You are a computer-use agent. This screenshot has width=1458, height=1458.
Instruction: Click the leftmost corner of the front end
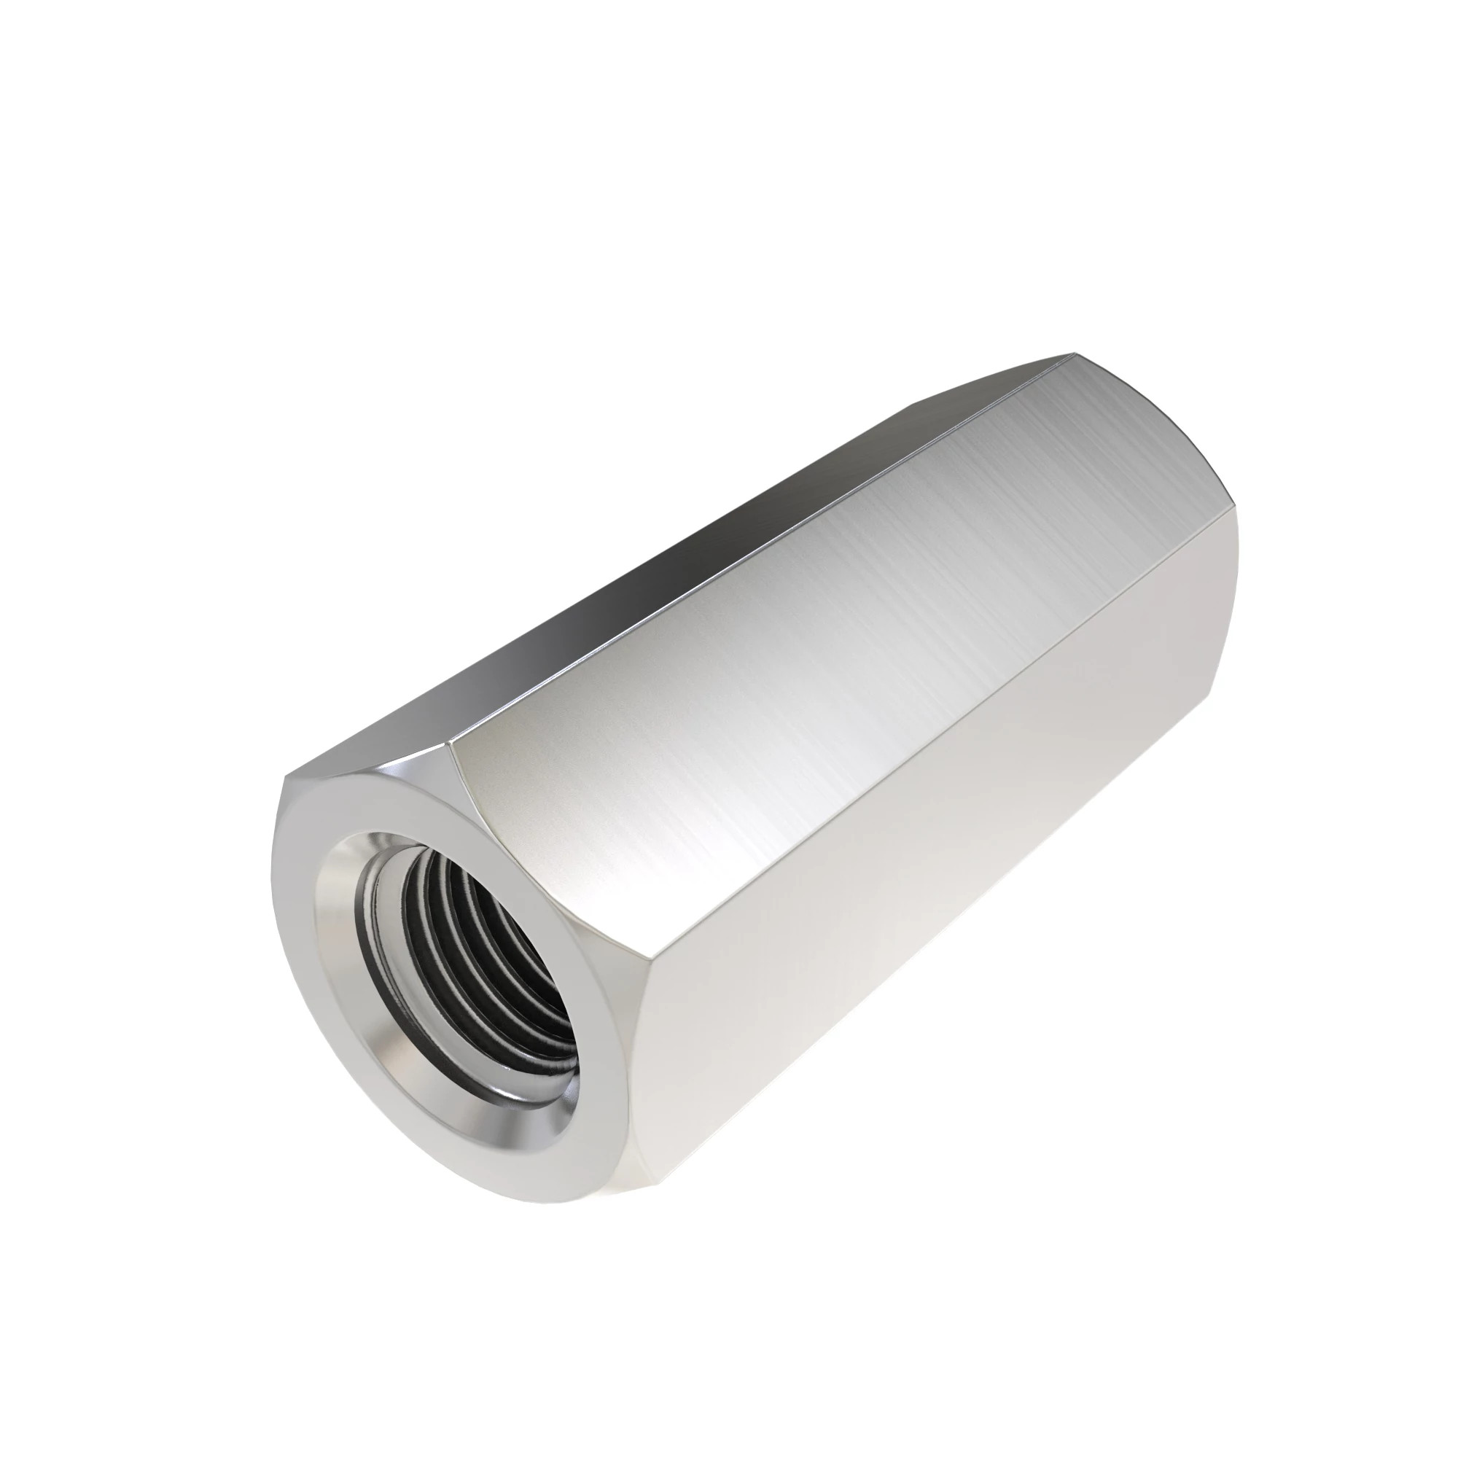point(273,891)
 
